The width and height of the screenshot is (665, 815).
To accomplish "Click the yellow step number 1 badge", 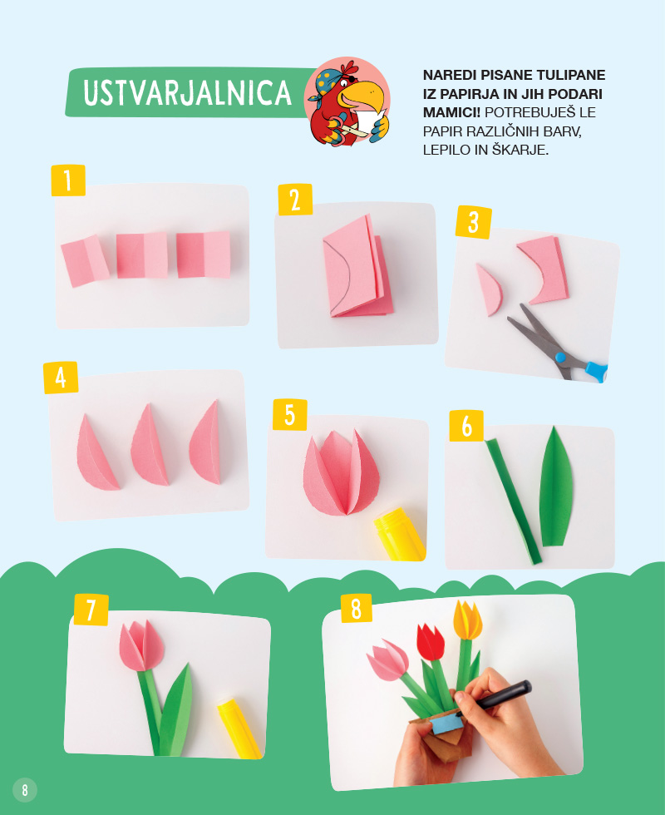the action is coord(68,180).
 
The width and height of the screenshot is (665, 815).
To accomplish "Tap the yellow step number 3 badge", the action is coord(473,223).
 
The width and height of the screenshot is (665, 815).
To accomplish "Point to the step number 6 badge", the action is coord(466,426).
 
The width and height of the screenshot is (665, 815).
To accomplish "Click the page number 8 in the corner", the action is coord(24,790).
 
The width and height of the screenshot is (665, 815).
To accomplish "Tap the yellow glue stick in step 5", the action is coord(399,535).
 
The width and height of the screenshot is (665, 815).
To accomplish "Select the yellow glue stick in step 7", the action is coord(239,729).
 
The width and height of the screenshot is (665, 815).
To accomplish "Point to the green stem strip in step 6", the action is coord(514,501).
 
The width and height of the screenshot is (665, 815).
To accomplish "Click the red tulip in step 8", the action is coord(431,642).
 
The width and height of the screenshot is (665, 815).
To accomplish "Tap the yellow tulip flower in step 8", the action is coord(467,620).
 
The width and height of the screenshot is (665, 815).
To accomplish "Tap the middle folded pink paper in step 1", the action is coord(142,255).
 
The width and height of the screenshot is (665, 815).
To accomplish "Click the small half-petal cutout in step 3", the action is coord(490,289).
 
